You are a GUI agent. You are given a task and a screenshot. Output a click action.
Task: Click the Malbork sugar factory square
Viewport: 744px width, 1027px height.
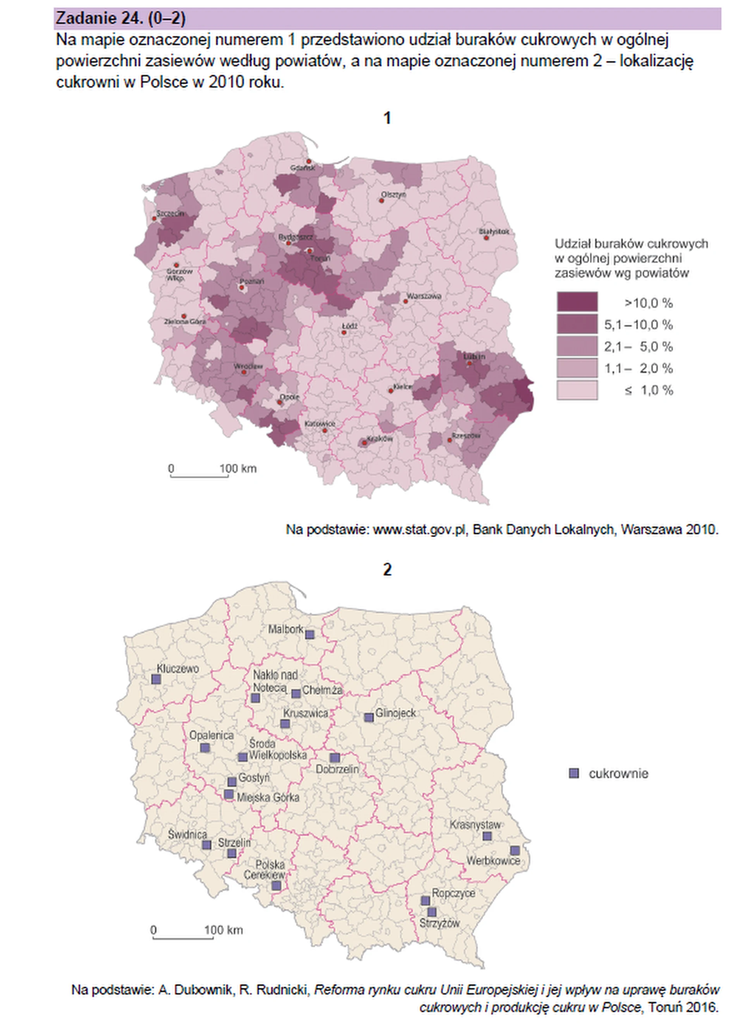[310, 634]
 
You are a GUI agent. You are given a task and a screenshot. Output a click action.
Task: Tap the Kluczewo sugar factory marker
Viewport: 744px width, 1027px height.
[156, 679]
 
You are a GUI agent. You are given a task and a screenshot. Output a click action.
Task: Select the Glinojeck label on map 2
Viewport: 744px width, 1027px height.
[396, 713]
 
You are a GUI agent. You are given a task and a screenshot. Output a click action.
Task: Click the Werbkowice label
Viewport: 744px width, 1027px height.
[493, 860]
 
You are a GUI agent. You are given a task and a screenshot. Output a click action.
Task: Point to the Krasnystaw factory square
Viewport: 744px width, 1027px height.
[487, 836]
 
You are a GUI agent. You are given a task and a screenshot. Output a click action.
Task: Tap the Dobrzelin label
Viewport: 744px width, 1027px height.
[337, 769]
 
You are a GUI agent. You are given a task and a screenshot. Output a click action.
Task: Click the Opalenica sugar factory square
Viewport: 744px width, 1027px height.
[205, 747]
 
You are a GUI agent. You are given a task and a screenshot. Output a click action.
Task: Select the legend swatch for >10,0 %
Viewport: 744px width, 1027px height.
[577, 302]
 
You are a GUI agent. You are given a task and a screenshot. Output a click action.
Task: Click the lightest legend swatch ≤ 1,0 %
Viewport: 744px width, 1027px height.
[577, 390]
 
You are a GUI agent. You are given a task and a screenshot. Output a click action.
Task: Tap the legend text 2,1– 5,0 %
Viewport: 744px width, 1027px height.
[638, 347]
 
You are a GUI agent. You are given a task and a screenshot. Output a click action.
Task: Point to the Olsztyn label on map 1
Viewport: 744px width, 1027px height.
[393, 195]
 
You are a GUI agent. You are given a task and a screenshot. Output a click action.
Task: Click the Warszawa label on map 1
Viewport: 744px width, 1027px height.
[424, 296]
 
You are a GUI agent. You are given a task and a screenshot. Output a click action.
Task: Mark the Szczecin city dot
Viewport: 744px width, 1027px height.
[154, 218]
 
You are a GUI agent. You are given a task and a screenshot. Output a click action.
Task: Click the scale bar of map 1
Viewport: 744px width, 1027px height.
[199, 475]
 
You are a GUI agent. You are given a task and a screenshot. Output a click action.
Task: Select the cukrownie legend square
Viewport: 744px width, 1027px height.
[574, 773]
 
